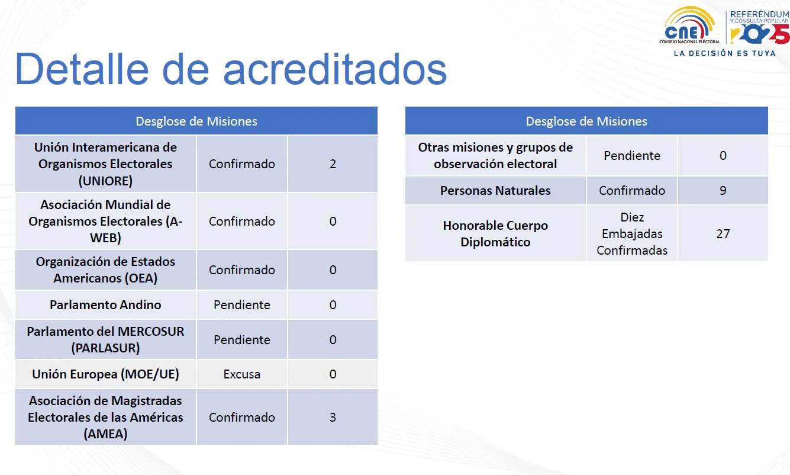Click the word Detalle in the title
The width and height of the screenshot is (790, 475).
point(82,69)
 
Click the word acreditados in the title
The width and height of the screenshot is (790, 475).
point(335,69)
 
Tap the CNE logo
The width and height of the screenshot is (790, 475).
point(689,25)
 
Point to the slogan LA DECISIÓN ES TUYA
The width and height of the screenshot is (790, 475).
point(725,53)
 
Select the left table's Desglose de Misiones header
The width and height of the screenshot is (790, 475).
point(196,121)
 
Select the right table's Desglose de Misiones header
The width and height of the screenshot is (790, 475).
point(586,121)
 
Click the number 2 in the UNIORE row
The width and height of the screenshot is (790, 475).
point(333,164)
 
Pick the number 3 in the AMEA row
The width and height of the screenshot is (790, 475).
point(333,418)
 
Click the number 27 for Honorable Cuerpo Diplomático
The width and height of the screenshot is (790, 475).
point(723,233)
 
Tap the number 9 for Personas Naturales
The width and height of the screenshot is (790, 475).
point(723,191)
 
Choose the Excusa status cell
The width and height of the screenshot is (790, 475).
point(242,374)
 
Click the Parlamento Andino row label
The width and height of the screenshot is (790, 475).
point(105,304)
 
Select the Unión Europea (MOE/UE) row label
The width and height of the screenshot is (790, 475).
point(105,374)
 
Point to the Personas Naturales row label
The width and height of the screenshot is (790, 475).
point(495,191)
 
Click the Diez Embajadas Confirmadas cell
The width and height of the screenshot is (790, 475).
point(632,233)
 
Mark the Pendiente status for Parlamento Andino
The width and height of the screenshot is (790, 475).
point(242,304)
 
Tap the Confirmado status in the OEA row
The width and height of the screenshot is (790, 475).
point(242,270)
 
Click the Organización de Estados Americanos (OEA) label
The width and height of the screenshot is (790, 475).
point(105,270)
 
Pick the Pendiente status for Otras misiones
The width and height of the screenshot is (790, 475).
point(632,156)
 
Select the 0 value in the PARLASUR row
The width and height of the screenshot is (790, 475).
point(333,340)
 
